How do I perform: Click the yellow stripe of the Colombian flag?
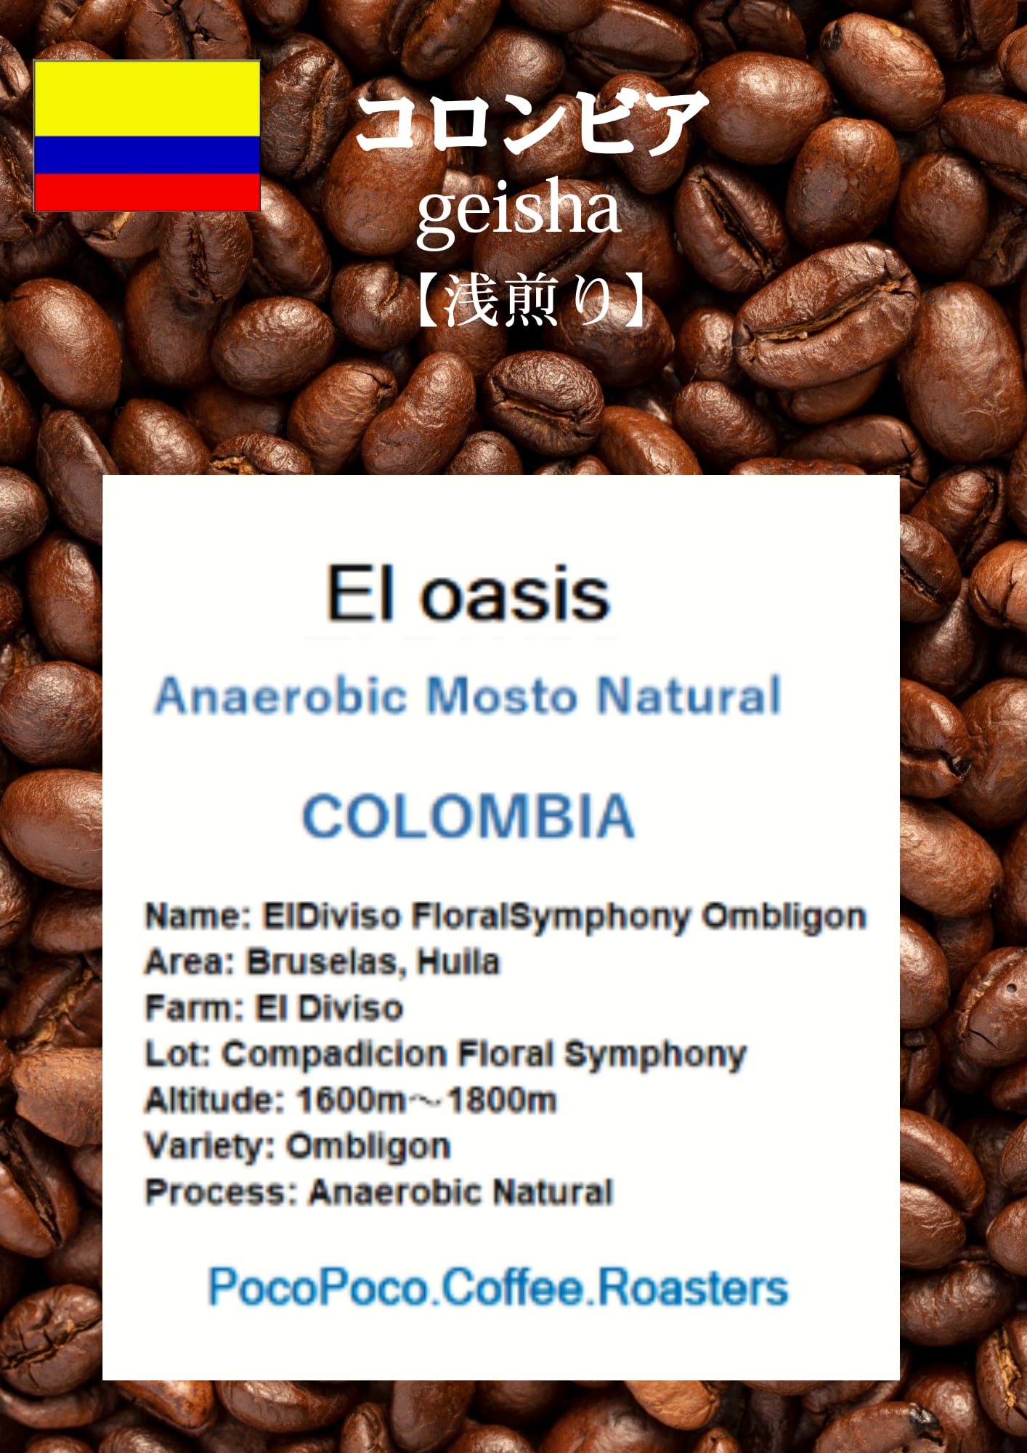point(147,98)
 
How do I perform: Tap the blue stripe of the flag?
point(147,155)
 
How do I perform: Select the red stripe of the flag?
point(147,193)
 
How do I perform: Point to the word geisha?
point(519,209)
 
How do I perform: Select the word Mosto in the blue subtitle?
point(501,695)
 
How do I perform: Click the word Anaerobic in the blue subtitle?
point(280,695)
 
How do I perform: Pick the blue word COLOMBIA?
point(468,816)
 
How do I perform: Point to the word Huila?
point(459,962)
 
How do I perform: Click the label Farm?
point(194,1008)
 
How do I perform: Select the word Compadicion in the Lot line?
point(334,1055)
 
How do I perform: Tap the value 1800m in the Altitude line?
point(502,1101)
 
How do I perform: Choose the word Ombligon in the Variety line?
point(368,1147)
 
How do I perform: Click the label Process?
point(222,1193)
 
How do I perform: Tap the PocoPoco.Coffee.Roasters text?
point(498,1288)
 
